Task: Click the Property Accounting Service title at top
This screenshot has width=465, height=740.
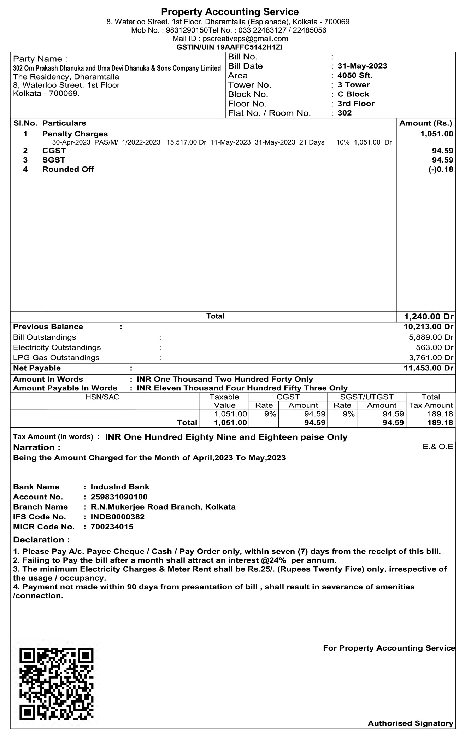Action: (230, 12)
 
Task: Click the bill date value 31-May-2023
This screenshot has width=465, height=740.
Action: (362, 66)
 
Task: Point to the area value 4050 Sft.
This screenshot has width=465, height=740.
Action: (355, 75)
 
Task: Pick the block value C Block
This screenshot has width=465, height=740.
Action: (353, 94)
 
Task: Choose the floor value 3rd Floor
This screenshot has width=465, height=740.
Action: (356, 104)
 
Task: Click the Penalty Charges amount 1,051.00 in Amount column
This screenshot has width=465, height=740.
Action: (436, 134)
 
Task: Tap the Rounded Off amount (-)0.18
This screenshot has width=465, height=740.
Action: (440, 169)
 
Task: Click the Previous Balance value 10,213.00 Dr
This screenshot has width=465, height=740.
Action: (428, 327)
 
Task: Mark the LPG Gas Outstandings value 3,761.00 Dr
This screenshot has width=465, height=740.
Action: (431, 358)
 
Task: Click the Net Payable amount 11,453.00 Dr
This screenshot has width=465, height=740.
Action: (428, 368)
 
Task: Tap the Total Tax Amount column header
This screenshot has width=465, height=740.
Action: (430, 401)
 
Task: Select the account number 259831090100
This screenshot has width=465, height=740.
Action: (119, 497)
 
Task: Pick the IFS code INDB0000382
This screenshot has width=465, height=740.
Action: (118, 517)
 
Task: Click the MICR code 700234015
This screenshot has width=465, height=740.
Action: (112, 527)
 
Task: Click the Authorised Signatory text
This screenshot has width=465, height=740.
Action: (410, 723)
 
